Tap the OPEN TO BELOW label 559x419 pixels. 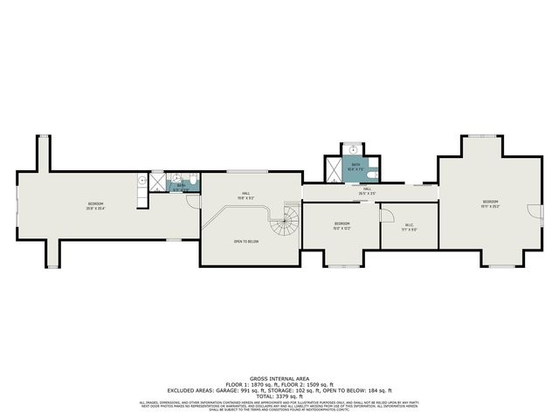[245, 241]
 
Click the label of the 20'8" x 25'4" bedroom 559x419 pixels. [95, 206]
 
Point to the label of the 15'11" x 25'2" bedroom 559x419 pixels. [490, 206]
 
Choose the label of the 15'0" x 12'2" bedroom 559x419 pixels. [342, 226]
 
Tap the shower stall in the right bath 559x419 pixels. [335, 167]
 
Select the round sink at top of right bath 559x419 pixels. [355, 149]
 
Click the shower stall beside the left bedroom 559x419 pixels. [157, 182]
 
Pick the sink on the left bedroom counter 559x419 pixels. [141, 180]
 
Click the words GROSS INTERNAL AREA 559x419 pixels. [279, 377]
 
